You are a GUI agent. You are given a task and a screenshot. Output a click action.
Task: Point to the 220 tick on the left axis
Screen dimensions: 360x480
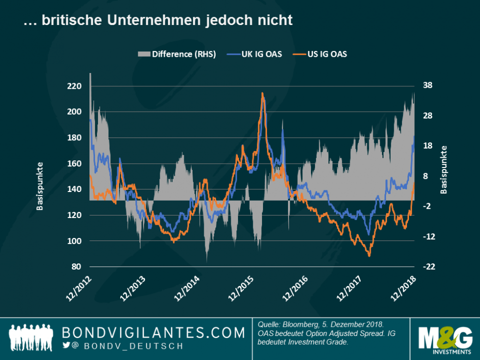point(75,86)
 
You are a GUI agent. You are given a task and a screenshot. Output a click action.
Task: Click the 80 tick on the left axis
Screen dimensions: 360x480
point(77,267)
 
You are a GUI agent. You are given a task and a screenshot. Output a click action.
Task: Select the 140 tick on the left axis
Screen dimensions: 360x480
point(75,189)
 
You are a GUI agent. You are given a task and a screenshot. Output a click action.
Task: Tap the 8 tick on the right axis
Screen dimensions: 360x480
point(425,176)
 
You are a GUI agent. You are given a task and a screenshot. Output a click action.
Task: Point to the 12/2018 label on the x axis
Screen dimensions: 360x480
point(404,289)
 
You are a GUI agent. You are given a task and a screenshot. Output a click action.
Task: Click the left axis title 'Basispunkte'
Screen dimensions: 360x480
point(39,187)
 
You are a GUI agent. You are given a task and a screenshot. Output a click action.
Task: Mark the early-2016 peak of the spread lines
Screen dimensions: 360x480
point(262,93)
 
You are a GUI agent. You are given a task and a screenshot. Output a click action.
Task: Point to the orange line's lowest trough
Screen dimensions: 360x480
point(369,255)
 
